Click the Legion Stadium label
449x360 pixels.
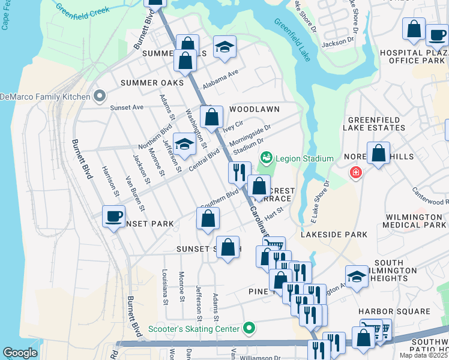pyautogui.click(x=304, y=158)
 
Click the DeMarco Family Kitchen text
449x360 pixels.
pyautogui.click(x=44, y=96)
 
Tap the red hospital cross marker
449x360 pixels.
pyautogui.click(x=357, y=173)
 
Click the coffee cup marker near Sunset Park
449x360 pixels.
pyautogui.click(x=113, y=217)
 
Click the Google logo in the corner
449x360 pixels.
pyautogui.click(x=20, y=353)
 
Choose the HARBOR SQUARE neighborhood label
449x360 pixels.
pyautogui.click(x=394, y=311)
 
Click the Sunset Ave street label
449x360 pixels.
pyautogui.click(x=127, y=107)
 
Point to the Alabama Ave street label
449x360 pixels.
pyautogui.click(x=220, y=79)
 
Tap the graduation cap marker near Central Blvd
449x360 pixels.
pyautogui.click(x=184, y=144)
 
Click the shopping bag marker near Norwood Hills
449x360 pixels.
pyautogui.click(x=379, y=153)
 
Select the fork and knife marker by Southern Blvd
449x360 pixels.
pyautogui.click(x=239, y=172)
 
